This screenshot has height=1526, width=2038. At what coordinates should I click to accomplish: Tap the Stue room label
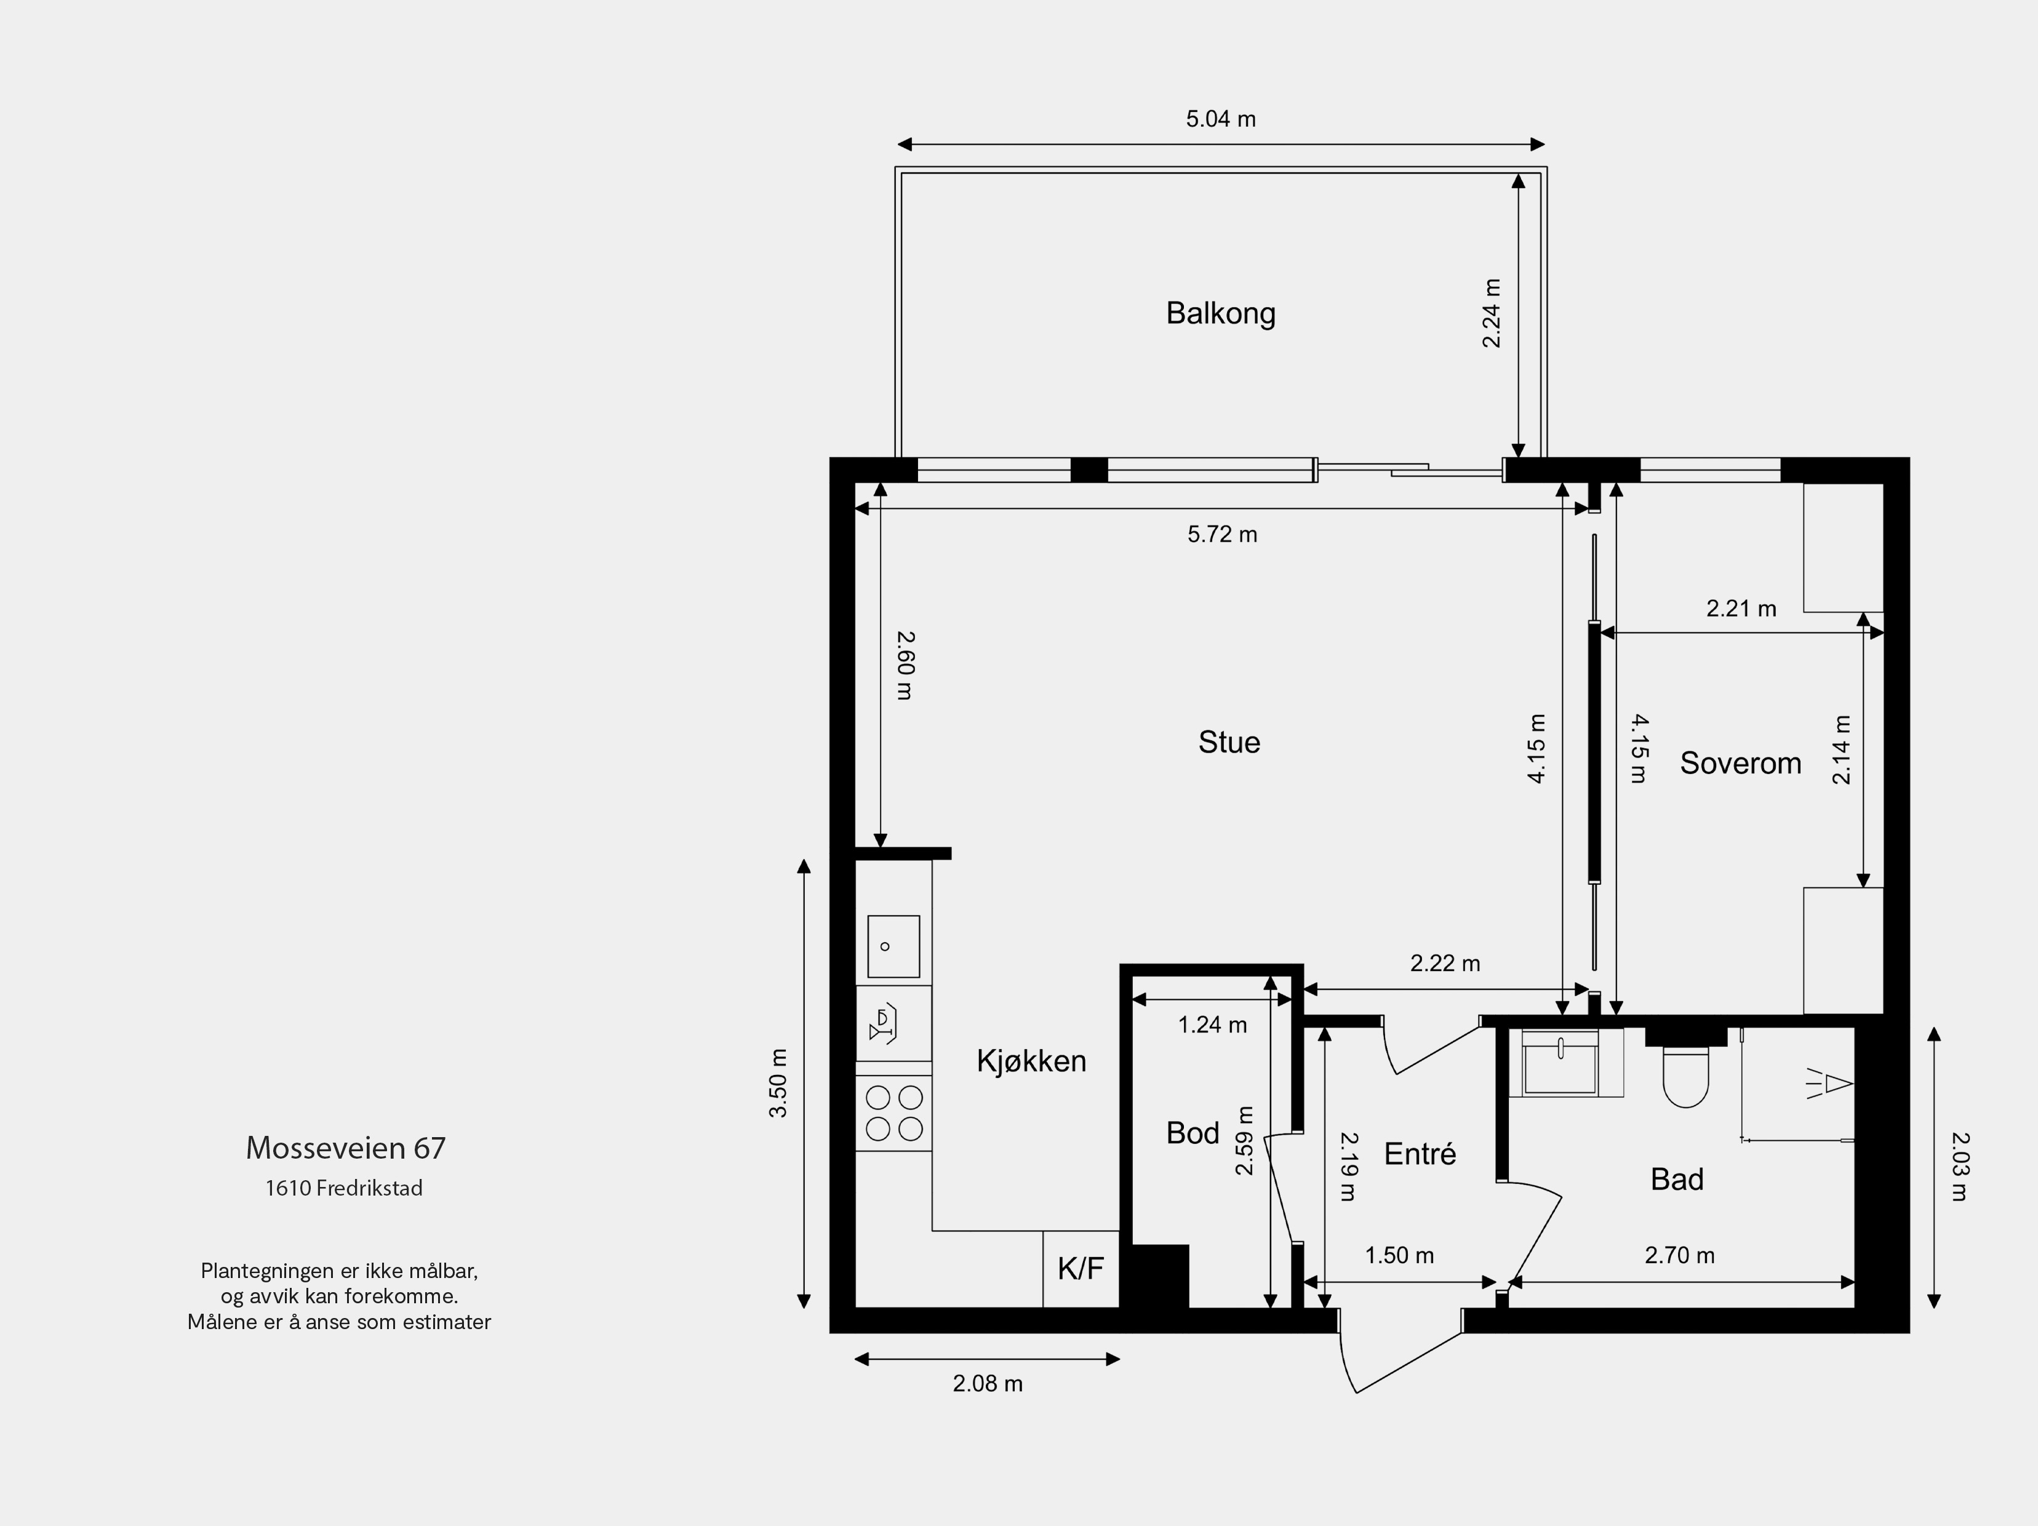(1229, 742)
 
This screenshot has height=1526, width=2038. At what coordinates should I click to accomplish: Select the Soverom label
(1740, 763)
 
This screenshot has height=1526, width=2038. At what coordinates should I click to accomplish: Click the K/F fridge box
(1081, 1269)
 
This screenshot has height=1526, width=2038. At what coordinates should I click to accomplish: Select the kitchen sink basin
(893, 946)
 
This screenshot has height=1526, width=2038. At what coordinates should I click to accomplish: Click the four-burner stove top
(893, 1113)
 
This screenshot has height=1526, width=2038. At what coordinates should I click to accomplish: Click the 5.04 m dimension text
(1221, 119)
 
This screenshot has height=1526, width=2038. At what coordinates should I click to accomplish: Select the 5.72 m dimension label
(1221, 535)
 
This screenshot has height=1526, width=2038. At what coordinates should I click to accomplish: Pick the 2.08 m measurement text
(988, 1383)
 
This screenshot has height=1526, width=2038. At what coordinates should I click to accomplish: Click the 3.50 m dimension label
(778, 1083)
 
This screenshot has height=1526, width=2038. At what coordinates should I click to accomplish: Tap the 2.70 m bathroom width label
(1680, 1255)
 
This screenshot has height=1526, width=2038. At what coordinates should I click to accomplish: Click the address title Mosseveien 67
(345, 1147)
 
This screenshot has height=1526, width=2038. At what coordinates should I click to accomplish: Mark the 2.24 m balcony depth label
(1491, 313)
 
